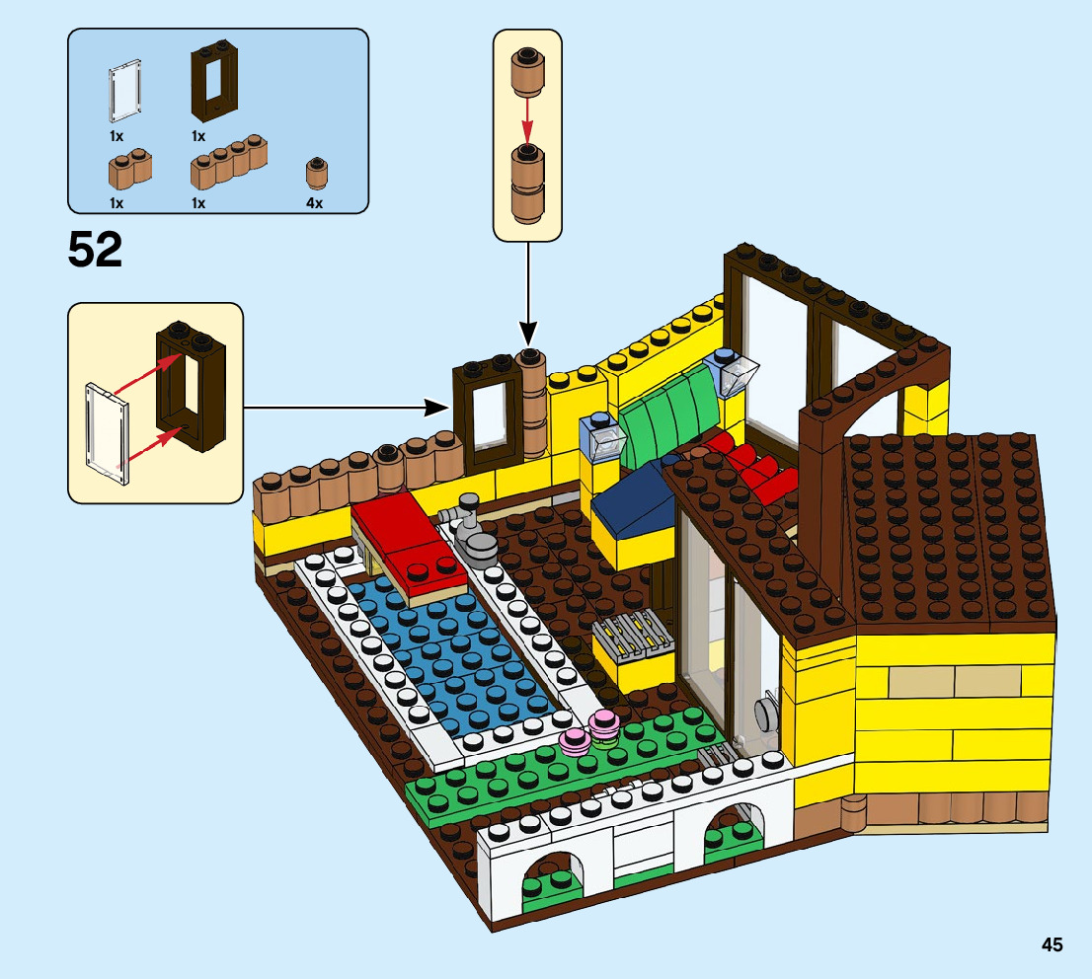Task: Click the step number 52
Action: (95, 250)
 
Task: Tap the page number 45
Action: (1052, 944)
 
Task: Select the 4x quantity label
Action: (314, 203)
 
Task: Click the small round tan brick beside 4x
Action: (316, 175)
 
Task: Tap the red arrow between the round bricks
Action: (527, 113)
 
